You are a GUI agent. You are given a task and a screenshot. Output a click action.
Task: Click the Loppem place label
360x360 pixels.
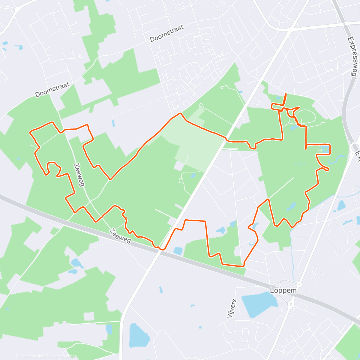pyautogui.click(x=283, y=290)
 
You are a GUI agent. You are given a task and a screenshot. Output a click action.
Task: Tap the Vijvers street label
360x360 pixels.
pyautogui.click(x=232, y=308)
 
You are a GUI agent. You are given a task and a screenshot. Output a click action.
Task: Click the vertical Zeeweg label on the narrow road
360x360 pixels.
pyautogui.click(x=79, y=175)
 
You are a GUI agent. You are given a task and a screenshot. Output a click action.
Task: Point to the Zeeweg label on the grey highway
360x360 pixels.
pyautogui.click(x=120, y=236)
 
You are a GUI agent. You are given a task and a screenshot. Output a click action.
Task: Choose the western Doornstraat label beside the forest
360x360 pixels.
pyautogui.click(x=52, y=90)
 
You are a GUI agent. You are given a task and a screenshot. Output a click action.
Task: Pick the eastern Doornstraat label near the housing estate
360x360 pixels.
pyautogui.click(x=166, y=33)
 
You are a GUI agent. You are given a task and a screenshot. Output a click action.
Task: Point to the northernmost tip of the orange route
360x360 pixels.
pyautogui.click(x=285, y=94)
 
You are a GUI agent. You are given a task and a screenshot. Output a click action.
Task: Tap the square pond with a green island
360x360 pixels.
pyautogui.click(x=325, y=149)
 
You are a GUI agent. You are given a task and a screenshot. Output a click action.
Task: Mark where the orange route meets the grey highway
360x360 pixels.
pyautogui.click(x=162, y=249)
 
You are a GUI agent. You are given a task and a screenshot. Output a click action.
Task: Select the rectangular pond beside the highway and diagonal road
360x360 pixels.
pyautogui.click(x=178, y=251)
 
